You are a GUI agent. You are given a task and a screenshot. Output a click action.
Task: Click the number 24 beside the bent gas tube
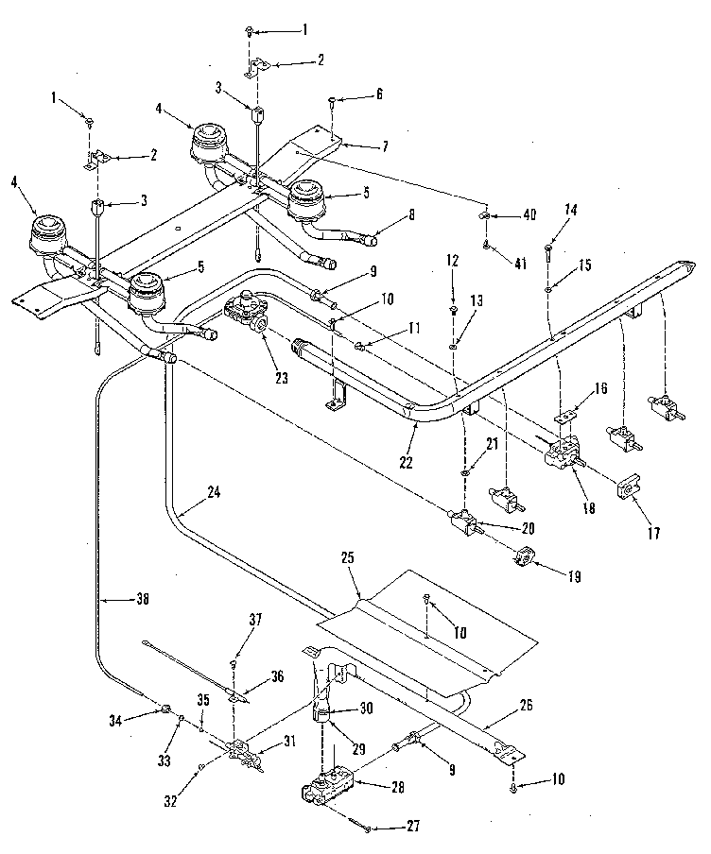click(215, 491)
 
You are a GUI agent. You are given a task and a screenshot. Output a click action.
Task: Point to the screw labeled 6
click(331, 98)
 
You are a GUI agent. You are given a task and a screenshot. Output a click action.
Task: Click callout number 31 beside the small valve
click(283, 742)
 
